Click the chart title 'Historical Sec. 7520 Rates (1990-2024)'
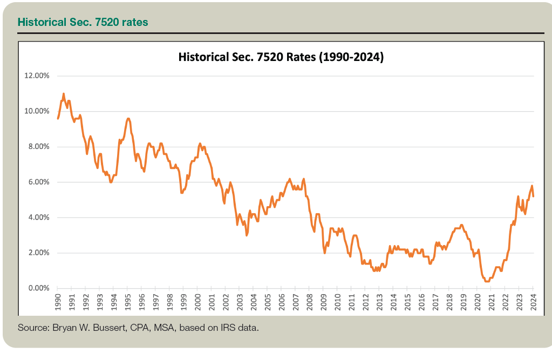pos(281,57)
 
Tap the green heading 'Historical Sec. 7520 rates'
pos(83,22)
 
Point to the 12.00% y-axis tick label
pos(37,76)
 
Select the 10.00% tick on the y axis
pos(37,111)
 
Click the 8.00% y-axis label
pos(38,147)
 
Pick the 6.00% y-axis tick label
pos(38,182)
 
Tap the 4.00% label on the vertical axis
pos(38,218)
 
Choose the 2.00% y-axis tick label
pos(38,253)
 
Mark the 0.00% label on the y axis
pos(38,288)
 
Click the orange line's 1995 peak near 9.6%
pos(128,118)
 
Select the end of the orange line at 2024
pos(534,196)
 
